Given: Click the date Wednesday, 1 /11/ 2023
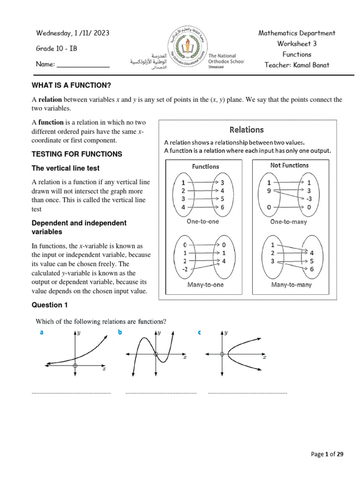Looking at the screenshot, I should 73,33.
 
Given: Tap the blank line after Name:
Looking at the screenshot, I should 83,65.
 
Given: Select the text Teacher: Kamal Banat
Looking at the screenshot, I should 297,65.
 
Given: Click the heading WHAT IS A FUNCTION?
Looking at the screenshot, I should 73,85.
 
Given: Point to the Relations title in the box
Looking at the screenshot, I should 247,129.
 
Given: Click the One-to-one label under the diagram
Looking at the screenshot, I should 202,221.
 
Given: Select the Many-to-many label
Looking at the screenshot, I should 289,285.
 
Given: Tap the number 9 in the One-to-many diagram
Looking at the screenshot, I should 269,191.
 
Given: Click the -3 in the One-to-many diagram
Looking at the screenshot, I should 309,199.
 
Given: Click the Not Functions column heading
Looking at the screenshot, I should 289,165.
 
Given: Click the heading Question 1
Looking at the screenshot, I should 50,305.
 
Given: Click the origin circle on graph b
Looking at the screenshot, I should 156,355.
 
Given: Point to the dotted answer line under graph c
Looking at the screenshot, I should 247,392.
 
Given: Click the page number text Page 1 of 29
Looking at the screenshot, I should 327,454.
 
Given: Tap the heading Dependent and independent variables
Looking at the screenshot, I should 79,227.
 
